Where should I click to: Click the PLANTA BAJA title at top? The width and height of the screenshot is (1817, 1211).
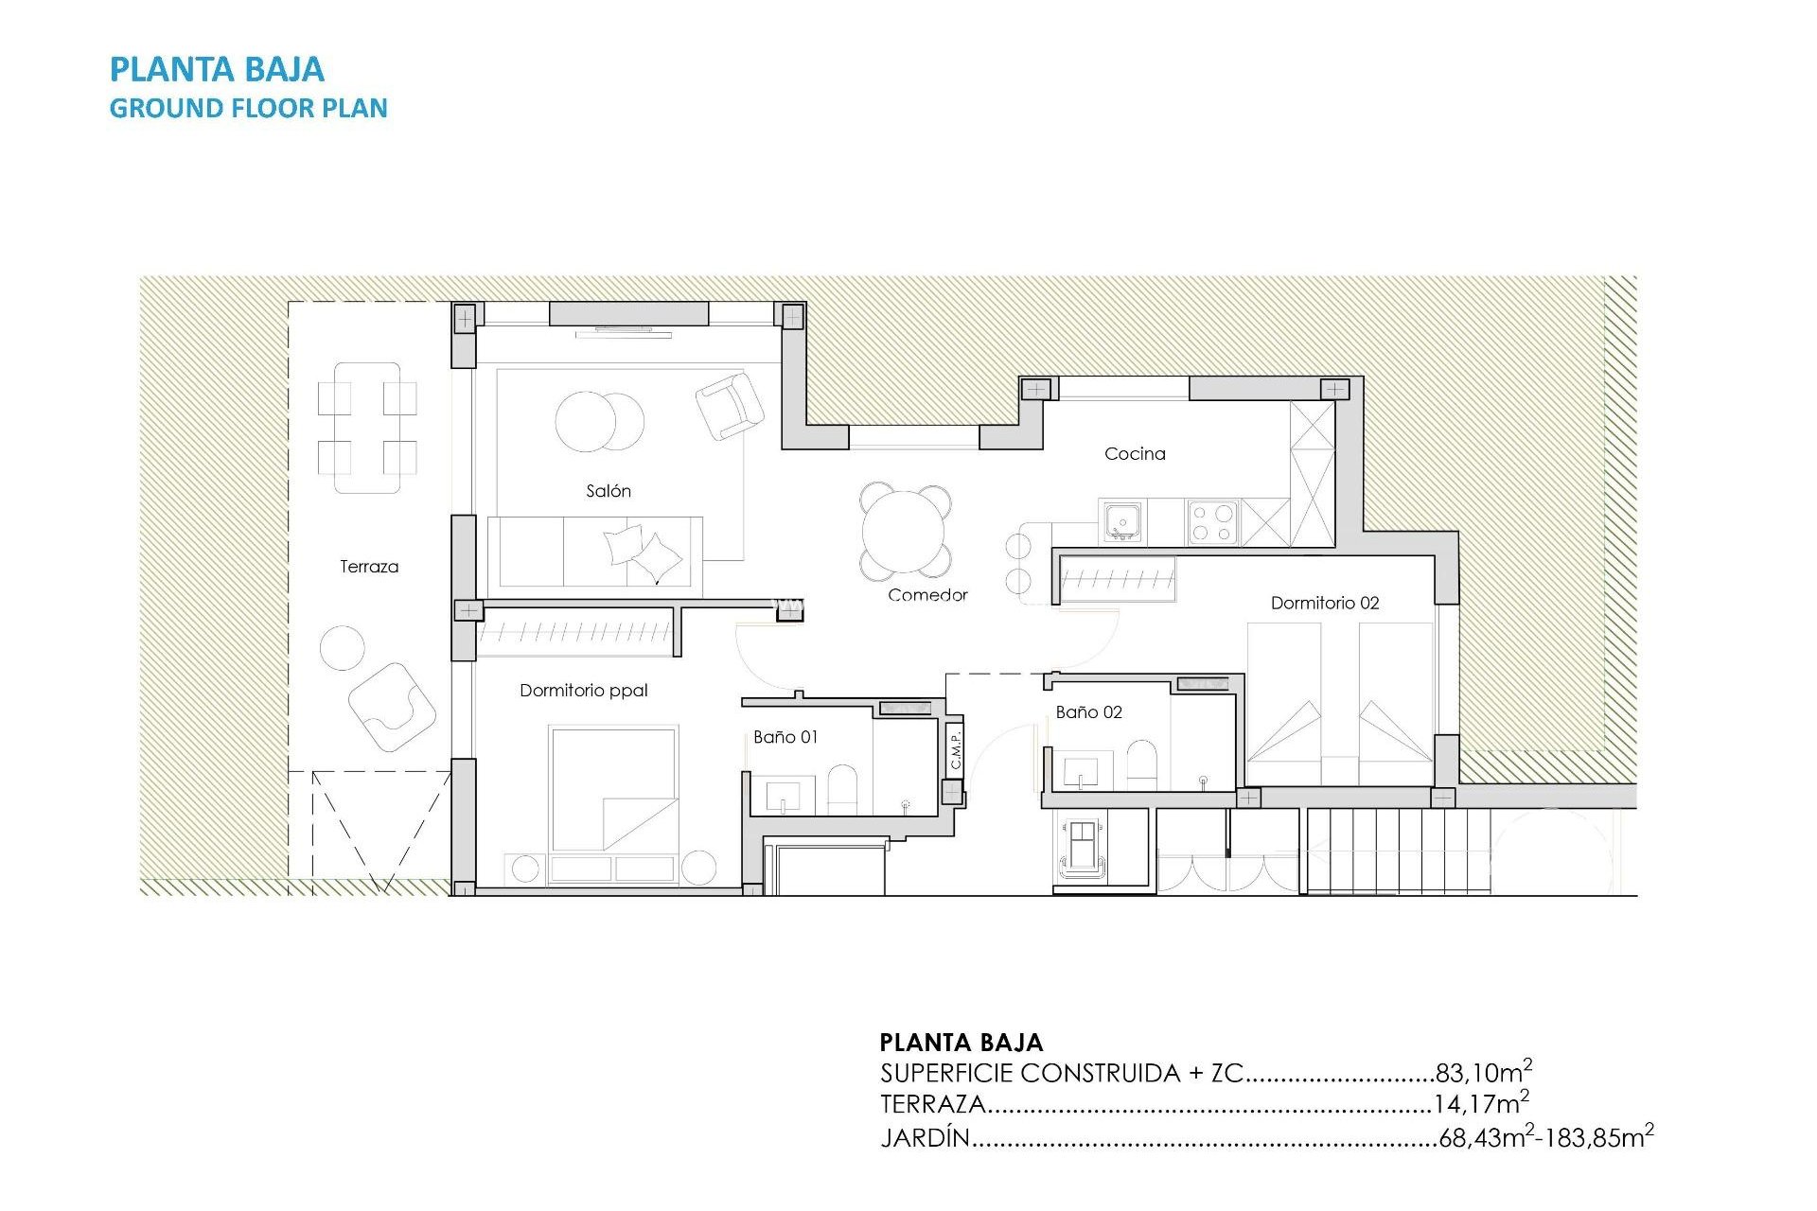click(x=217, y=69)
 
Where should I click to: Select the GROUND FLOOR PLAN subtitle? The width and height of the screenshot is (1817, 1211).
click(x=248, y=108)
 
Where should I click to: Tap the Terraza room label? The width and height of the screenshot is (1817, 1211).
click(x=369, y=567)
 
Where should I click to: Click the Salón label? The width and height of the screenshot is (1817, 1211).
click(x=609, y=491)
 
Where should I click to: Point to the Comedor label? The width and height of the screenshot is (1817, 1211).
click(x=927, y=595)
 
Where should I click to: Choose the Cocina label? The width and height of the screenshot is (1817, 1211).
click(x=1135, y=454)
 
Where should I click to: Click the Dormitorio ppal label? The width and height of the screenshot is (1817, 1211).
click(x=584, y=691)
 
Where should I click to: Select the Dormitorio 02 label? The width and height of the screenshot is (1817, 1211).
click(x=1325, y=603)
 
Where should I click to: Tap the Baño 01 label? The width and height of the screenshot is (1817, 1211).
click(x=785, y=737)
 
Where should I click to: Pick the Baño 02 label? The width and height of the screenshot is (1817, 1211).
click(x=1089, y=712)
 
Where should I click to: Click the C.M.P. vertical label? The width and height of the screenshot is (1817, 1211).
click(x=956, y=749)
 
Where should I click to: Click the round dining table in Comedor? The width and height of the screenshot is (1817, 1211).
click(x=906, y=532)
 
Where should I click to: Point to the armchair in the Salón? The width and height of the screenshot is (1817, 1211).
click(x=730, y=404)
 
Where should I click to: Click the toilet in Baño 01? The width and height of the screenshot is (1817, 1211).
click(x=842, y=789)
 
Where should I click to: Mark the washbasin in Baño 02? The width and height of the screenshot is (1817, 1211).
click(x=1083, y=770)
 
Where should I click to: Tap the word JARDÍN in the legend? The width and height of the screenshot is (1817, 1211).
click(x=926, y=1137)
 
